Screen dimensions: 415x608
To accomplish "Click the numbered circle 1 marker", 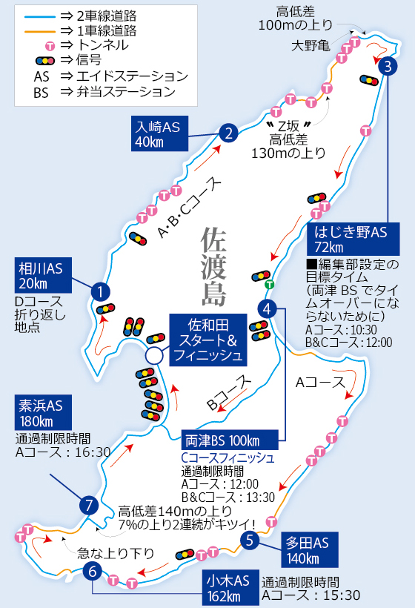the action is (x=101, y=291).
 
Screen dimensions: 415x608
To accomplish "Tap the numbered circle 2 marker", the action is (x=228, y=133).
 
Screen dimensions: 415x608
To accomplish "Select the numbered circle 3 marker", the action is (x=388, y=66).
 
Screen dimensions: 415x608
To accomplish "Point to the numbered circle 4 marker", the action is (x=267, y=309).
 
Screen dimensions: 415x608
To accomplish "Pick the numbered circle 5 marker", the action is (x=250, y=540).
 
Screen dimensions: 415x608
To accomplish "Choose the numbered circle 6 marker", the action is (x=92, y=571).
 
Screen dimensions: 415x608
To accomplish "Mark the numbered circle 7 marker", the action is (x=89, y=506).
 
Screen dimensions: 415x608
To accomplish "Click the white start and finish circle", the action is (x=154, y=356).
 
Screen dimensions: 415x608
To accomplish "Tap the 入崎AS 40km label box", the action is (x=159, y=133).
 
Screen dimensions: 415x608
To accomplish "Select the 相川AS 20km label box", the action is (x=43, y=275).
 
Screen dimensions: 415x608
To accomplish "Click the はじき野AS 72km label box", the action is (x=353, y=239).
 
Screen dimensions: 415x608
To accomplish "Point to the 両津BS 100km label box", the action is (x=230, y=440).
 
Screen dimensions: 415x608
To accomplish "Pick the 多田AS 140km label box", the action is (x=310, y=549).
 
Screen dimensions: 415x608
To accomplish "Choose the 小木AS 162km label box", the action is (x=230, y=587).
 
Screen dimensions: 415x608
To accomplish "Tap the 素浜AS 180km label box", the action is (x=43, y=412).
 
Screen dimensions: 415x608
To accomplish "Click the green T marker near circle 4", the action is (x=269, y=285).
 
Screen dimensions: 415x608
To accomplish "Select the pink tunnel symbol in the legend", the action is (x=50, y=46).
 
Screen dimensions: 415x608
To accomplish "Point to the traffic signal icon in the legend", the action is (x=45, y=61).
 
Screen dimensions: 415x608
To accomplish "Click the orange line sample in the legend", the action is (x=39, y=31).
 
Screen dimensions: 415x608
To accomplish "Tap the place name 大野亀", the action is (x=311, y=46).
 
